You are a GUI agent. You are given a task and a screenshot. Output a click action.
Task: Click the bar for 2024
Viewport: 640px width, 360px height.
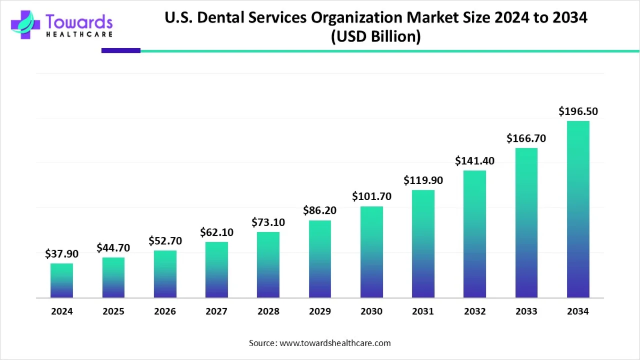[62, 281]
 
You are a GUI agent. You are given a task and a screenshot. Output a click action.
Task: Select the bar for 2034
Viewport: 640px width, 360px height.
[578, 209]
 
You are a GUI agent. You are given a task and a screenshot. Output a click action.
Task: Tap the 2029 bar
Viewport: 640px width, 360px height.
[320, 259]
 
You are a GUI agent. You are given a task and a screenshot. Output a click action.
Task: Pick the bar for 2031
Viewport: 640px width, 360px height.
[423, 244]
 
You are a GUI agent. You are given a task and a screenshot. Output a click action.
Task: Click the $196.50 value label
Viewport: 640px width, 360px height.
[578, 111]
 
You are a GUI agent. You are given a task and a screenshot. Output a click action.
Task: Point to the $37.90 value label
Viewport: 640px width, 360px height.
[62, 254]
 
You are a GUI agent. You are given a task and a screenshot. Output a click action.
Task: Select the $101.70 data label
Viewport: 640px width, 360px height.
[372, 196]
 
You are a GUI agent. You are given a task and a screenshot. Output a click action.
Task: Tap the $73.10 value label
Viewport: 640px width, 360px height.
[268, 222]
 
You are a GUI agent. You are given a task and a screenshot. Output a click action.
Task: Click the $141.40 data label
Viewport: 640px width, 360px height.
[475, 161]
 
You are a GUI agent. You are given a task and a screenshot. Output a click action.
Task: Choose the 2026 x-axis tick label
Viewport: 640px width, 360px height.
[165, 311]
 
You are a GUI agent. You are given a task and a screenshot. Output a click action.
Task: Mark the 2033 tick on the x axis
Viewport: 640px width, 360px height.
[526, 311]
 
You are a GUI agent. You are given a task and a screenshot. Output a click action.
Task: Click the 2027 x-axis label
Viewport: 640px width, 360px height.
[217, 311]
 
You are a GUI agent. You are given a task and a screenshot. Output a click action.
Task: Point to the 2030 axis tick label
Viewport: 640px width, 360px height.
[372, 311]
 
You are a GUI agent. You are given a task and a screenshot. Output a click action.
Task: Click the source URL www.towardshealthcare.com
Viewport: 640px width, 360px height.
[335, 343]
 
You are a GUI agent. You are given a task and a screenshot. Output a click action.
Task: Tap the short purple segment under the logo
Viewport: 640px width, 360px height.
[121, 51]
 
